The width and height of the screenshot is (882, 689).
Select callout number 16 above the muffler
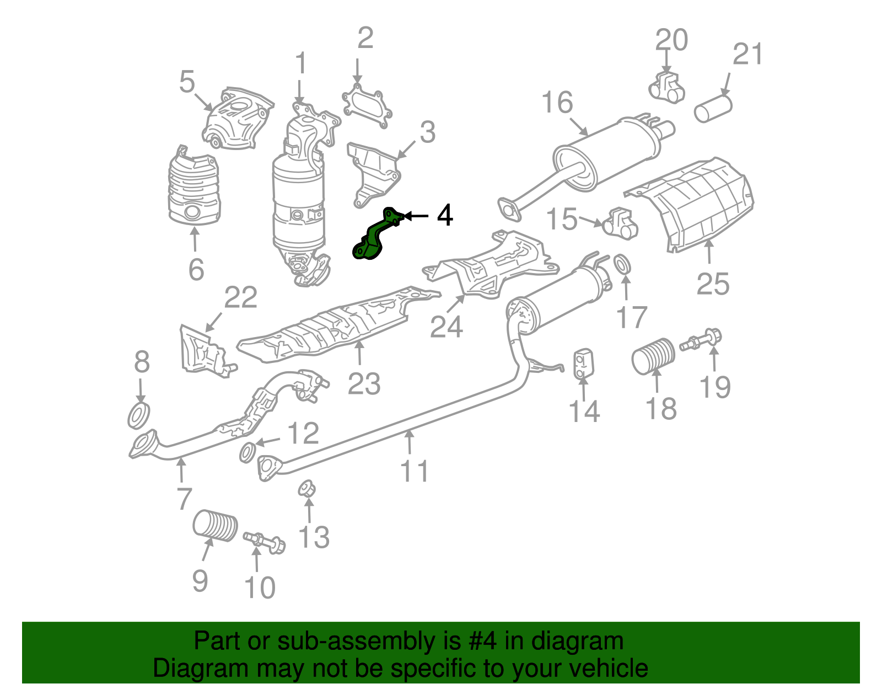557,103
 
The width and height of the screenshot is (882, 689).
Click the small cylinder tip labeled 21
713,108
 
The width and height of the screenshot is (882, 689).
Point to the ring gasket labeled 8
138,415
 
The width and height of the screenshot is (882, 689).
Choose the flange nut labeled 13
306,489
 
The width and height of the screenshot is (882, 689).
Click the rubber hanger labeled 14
582,364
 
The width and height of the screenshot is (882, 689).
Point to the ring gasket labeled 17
622,264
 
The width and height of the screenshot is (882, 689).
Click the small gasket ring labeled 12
248,452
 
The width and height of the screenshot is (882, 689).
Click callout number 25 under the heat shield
713,284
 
